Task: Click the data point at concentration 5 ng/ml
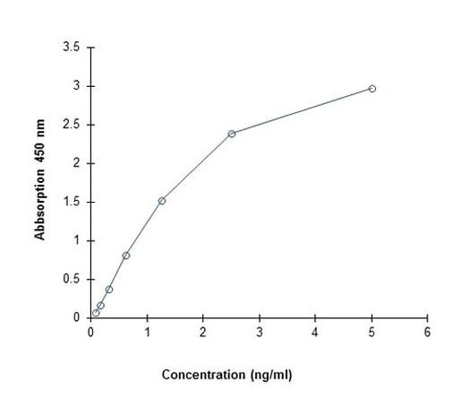pyautogui.click(x=372, y=88)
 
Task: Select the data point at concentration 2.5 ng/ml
pyautogui.click(x=231, y=134)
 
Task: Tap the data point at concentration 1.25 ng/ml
pyautogui.click(x=161, y=201)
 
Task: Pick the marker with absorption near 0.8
pyautogui.click(x=126, y=256)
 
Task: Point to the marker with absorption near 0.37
pyautogui.click(x=109, y=289)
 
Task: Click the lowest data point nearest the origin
pyautogui.click(x=96, y=313)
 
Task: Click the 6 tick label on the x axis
pyautogui.click(x=427, y=331)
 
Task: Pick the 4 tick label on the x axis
pyautogui.click(x=315, y=331)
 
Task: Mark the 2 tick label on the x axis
pyautogui.click(x=203, y=331)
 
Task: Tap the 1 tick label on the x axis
pyautogui.click(x=147, y=331)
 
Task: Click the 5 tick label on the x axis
pyautogui.click(x=372, y=331)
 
